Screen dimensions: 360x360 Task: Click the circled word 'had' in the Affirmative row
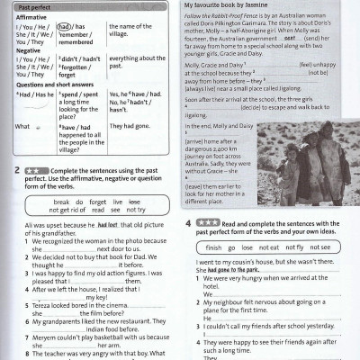65,26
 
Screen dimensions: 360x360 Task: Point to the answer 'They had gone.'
130,127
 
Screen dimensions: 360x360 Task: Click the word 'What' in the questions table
22,127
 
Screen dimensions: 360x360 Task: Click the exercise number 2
18,169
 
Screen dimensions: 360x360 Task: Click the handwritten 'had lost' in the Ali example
107,225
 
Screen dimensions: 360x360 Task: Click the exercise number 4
189,221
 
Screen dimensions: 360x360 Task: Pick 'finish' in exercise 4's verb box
213,247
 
